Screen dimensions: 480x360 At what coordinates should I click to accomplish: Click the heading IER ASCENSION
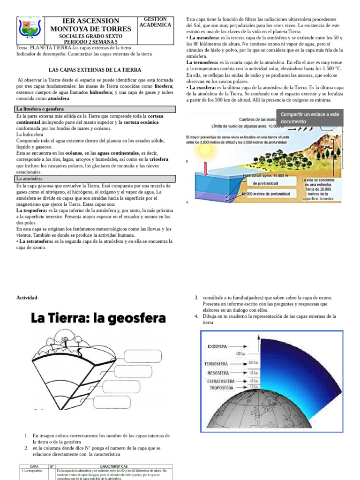[91, 21]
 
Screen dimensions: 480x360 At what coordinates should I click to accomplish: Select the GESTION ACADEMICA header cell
[155, 22]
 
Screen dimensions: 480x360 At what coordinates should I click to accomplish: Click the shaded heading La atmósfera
[29, 179]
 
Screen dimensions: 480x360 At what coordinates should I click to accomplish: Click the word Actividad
[27, 298]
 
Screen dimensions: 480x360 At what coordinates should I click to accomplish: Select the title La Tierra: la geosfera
[98, 319]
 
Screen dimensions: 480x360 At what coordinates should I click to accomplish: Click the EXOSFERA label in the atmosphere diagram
[217, 347]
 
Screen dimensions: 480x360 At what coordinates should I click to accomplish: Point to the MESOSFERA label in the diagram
[217, 373]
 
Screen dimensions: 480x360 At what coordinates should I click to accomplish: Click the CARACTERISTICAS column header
[113, 467]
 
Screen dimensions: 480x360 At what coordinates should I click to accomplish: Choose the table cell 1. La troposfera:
[33, 471]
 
